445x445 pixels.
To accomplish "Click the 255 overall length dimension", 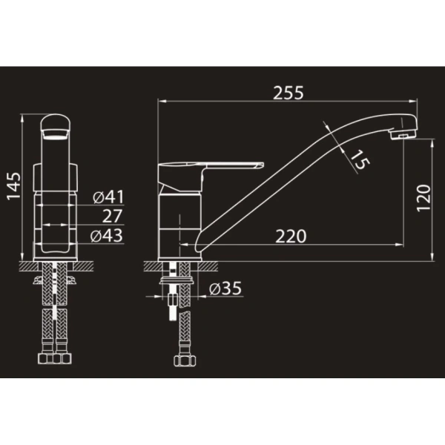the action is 288,93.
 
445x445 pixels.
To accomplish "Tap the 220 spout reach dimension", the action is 291,236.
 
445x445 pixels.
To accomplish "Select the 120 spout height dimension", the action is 423,198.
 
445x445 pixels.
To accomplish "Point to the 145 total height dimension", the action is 13,186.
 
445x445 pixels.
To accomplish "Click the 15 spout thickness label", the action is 360,159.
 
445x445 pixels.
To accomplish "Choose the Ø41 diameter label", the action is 109,197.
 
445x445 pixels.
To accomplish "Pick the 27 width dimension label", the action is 113,216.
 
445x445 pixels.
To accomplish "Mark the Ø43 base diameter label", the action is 106,236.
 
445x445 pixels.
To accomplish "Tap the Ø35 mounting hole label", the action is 225,289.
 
